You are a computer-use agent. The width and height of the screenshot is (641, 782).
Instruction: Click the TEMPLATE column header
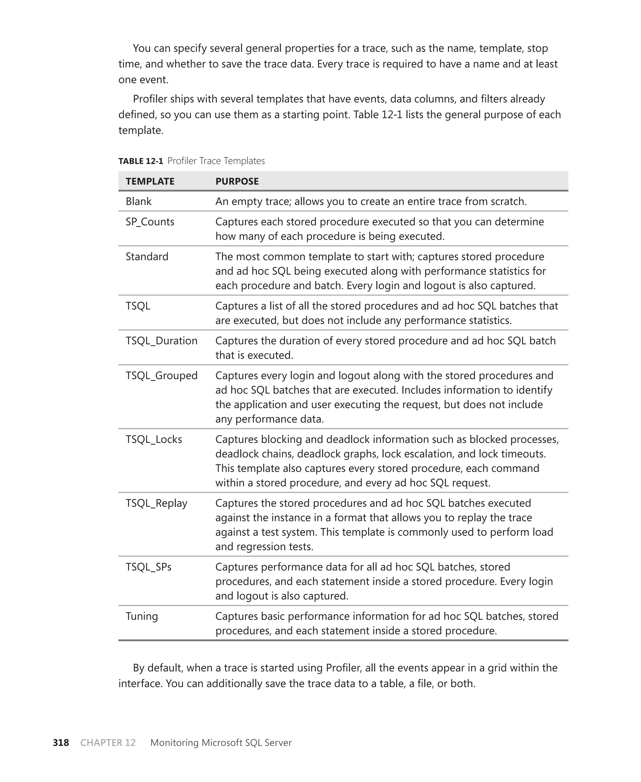coord(150,181)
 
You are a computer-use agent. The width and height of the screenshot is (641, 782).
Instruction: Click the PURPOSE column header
coord(237,181)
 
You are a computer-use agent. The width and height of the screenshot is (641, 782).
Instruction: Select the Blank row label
coord(138,201)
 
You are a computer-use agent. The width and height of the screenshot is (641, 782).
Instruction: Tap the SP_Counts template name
coord(150,222)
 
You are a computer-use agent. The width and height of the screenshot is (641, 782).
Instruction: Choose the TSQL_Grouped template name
coord(162,375)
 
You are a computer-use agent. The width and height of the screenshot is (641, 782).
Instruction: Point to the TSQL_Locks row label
coord(154,440)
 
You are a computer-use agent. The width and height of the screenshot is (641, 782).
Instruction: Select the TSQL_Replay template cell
coord(156,503)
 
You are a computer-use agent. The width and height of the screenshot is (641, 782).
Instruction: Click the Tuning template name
coord(141,616)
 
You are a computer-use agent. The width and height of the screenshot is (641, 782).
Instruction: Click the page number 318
coord(61,743)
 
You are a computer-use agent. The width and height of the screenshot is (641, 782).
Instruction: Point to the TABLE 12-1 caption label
coord(140,161)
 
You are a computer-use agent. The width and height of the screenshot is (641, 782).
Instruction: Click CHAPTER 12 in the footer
coord(108,743)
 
